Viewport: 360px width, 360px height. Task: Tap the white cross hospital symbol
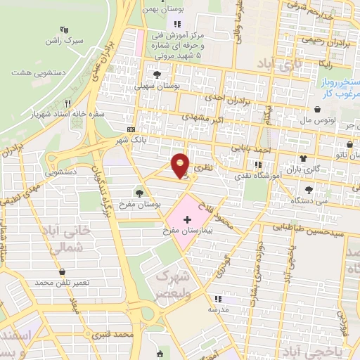coord(187,220)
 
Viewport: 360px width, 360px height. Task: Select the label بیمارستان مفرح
coord(181,231)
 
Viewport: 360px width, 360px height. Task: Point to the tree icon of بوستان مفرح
coord(139,191)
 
